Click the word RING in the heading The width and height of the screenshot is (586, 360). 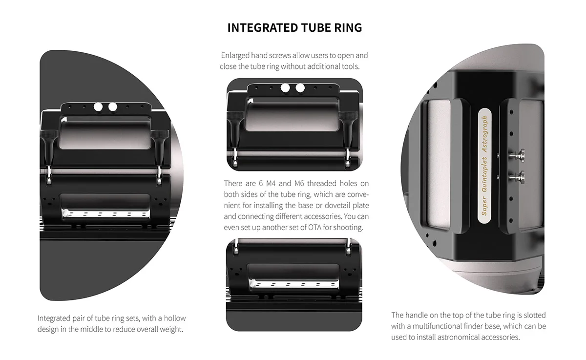[x=348, y=28]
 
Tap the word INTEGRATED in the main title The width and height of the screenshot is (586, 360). [x=262, y=28]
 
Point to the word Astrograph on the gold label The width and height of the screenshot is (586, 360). [x=485, y=134]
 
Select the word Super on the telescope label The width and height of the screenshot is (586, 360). [x=484, y=206]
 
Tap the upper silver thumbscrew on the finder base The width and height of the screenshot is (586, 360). [x=517, y=156]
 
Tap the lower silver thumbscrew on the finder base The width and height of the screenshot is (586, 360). [x=517, y=178]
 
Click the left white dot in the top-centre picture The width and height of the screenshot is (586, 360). [x=285, y=88]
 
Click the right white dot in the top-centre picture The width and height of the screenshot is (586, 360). [x=300, y=88]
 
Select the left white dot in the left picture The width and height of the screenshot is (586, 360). [x=98, y=107]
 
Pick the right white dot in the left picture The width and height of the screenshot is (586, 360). [x=113, y=107]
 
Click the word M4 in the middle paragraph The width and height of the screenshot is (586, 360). [x=271, y=183]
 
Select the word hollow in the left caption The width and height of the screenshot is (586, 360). [x=175, y=318]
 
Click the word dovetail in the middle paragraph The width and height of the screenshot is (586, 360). [x=337, y=205]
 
